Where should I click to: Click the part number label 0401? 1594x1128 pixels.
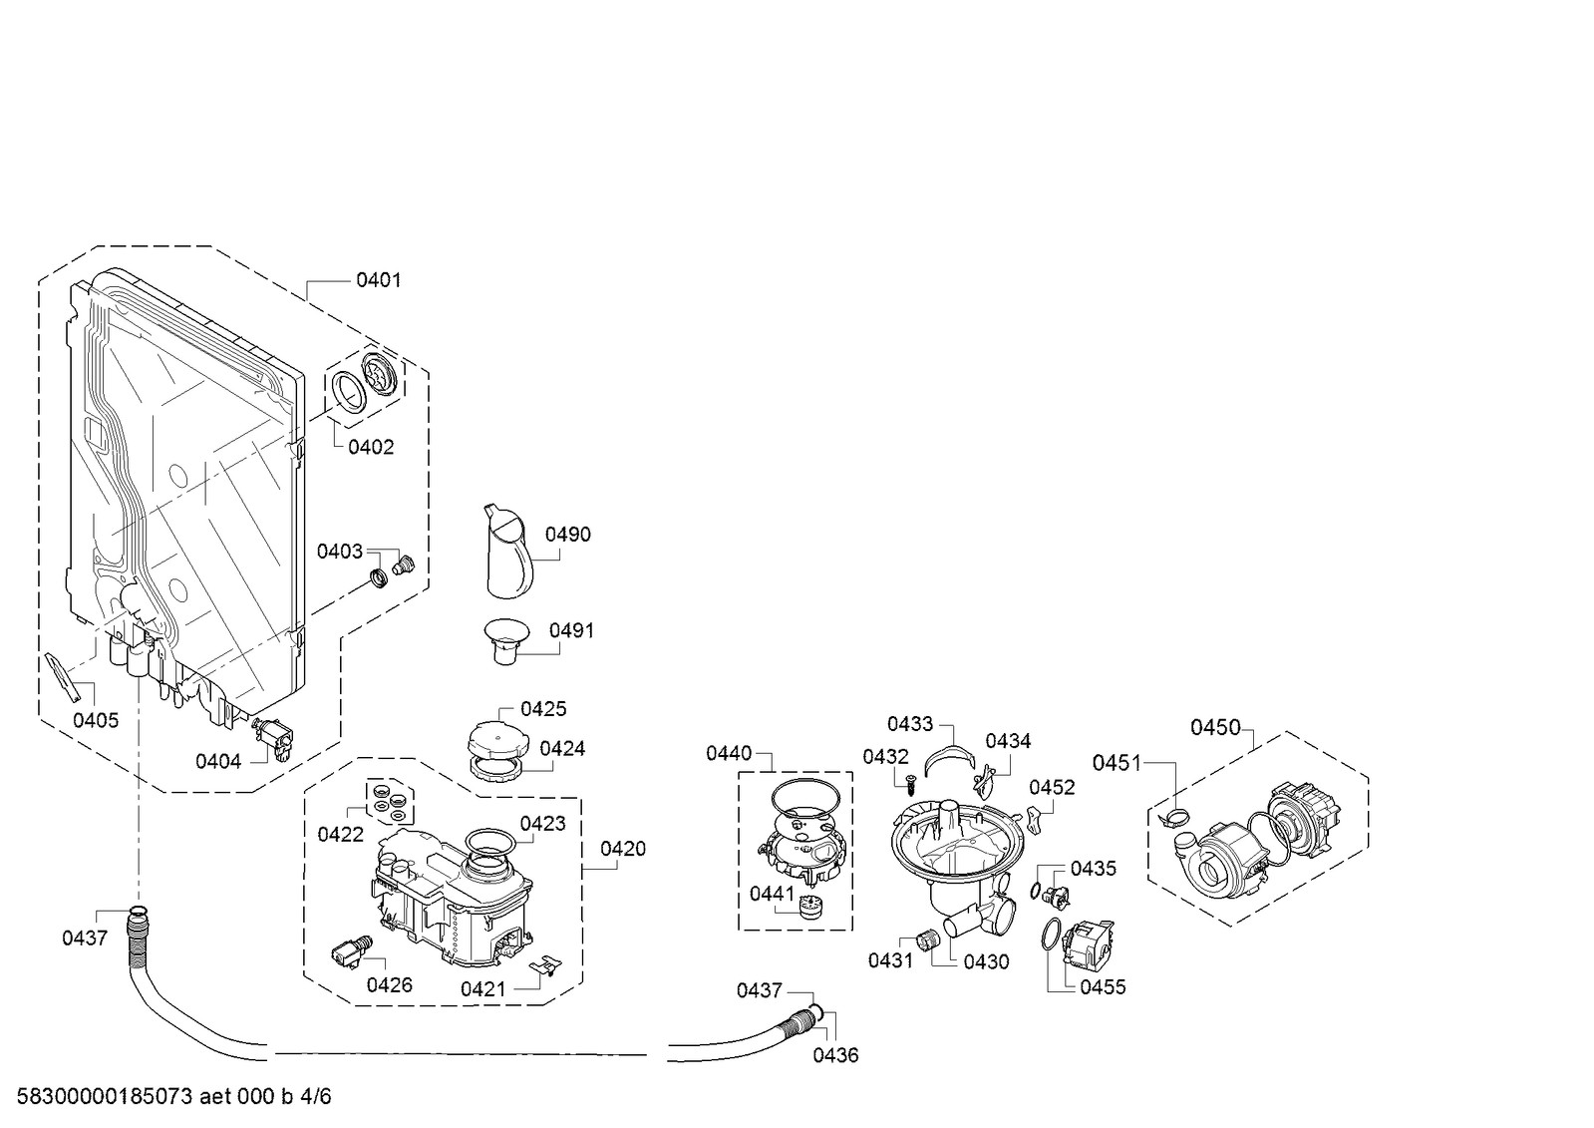click(x=379, y=280)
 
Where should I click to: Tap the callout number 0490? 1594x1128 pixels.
click(x=568, y=535)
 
